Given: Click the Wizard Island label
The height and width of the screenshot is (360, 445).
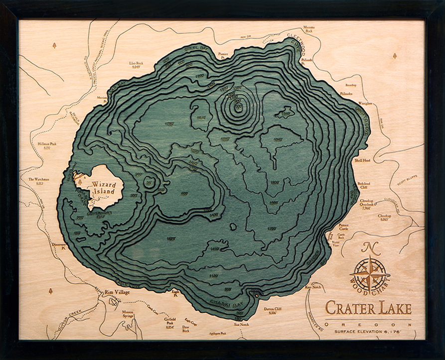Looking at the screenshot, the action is pyautogui.click(x=104, y=187).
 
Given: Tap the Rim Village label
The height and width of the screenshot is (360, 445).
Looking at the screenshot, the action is pyautogui.click(x=117, y=292).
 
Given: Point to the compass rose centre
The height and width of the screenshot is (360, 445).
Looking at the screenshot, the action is pyautogui.click(x=370, y=273).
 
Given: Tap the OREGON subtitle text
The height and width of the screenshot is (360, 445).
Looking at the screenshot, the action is pyautogui.click(x=368, y=324).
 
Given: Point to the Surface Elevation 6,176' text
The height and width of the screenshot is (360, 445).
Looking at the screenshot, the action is pyautogui.click(x=368, y=331).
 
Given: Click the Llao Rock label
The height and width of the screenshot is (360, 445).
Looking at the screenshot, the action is pyautogui.click(x=136, y=64).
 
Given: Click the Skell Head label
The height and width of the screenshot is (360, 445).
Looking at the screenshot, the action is pyautogui.click(x=362, y=161).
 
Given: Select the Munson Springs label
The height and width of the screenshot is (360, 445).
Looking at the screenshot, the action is pyautogui.click(x=131, y=314).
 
